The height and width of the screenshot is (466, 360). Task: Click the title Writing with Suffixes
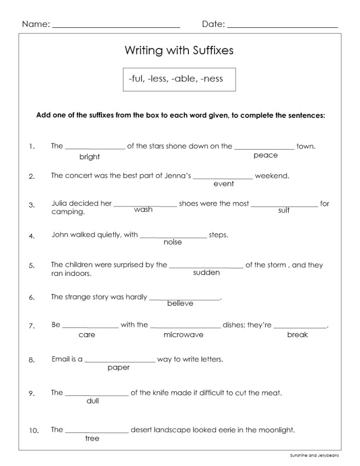179,51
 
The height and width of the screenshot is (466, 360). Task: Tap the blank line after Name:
117,27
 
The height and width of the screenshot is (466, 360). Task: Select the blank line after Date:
282,27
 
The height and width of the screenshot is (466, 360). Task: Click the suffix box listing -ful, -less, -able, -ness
176,79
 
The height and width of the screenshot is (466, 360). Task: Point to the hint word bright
90,157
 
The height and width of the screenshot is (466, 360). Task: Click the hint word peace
265,156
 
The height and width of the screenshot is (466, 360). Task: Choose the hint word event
223,184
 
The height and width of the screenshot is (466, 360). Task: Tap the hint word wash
143,210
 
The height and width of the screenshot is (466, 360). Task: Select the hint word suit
284,210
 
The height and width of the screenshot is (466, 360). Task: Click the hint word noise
172,242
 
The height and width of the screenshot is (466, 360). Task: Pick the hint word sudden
206,273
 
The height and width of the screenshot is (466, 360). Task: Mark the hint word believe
180,303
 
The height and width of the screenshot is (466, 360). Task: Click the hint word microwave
183,335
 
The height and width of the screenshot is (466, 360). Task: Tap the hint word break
298,335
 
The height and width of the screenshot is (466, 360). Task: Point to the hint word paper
119,368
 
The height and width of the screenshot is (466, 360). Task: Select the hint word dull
92,401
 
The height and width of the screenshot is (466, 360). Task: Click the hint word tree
92,439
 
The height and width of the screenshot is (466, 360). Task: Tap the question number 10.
34,431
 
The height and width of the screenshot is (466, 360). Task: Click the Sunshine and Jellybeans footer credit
314,455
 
